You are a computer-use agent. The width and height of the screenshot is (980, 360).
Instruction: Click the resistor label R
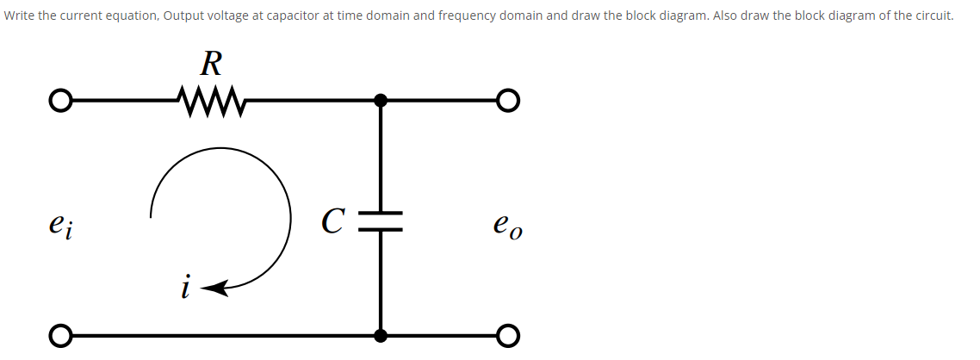211,63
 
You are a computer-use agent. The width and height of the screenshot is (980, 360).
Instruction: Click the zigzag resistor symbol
211,100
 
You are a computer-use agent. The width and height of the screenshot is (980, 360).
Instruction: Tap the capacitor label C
334,221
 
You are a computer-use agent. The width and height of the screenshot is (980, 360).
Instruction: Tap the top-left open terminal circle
59,101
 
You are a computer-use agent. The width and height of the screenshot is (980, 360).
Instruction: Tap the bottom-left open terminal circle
59,334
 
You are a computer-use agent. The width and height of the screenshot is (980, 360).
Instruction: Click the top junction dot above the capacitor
381,101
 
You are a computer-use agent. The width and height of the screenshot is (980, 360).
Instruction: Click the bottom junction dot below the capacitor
381,334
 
